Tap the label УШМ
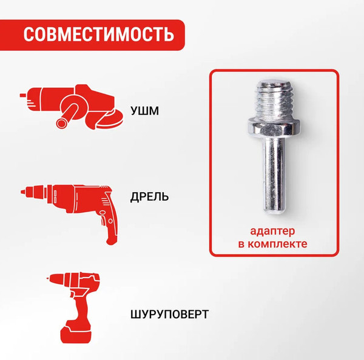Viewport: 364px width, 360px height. click(x=146, y=112)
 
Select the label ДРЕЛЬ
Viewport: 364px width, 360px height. click(x=149, y=197)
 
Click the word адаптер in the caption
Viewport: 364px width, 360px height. click(x=272, y=232)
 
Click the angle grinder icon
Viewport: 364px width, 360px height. click(x=70, y=106)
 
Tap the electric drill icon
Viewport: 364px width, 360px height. click(x=73, y=203)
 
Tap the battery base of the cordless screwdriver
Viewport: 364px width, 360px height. click(x=78, y=334)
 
